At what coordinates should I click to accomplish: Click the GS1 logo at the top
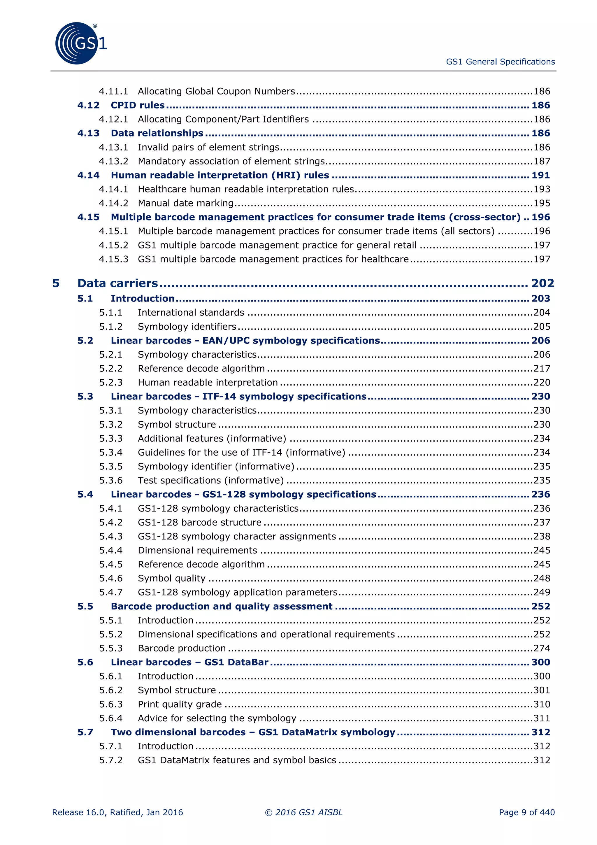click(80, 43)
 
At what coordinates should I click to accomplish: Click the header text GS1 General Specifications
click(500, 62)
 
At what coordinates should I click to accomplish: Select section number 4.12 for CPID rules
click(88, 105)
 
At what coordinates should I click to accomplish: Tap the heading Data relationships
click(157, 133)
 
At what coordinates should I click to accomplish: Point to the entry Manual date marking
click(185, 203)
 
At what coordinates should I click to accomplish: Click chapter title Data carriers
click(117, 283)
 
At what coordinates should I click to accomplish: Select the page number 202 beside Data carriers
click(542, 283)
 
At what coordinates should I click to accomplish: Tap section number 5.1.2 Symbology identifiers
click(111, 327)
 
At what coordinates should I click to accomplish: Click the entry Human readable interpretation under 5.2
click(208, 382)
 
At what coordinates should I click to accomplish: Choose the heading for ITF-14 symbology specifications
click(238, 396)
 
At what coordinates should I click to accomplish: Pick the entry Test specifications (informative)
click(210, 480)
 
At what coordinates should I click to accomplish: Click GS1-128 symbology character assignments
click(236, 536)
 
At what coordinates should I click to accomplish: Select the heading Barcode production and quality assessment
click(222, 606)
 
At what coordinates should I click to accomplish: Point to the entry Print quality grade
click(180, 704)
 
